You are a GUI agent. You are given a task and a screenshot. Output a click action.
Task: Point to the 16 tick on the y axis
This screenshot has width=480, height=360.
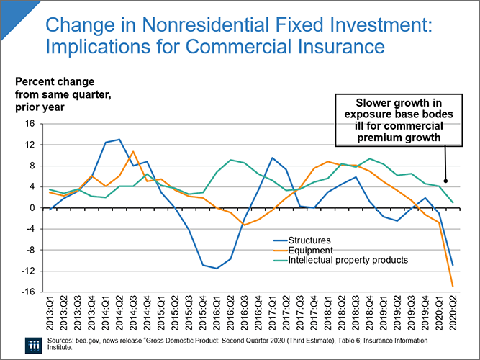[30, 124]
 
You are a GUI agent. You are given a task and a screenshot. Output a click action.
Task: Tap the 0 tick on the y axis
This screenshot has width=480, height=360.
[32, 208]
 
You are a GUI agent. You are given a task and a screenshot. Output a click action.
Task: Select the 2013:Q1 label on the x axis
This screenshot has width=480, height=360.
[50, 317]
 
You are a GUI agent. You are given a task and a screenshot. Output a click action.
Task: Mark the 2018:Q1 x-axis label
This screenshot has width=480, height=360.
[327, 317]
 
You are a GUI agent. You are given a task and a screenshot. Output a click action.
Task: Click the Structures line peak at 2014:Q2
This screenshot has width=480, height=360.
[119, 140]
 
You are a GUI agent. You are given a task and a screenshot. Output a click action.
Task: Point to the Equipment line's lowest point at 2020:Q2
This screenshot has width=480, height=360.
[452, 287]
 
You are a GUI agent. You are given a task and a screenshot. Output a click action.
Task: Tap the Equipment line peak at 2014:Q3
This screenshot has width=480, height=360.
[133, 152]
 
